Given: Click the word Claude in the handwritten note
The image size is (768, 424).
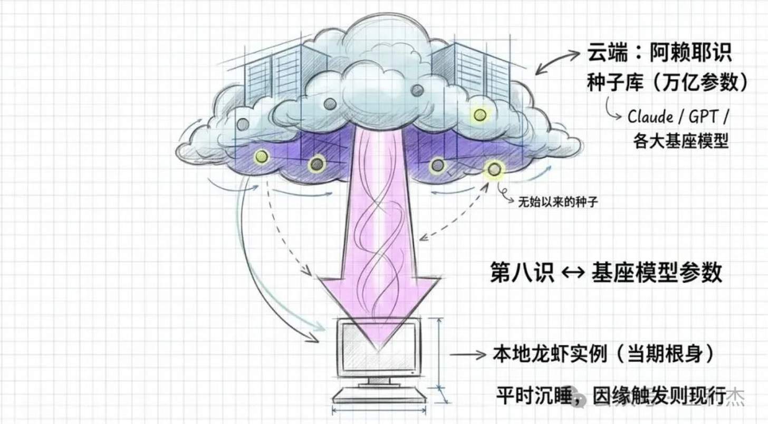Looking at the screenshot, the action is [x=649, y=117].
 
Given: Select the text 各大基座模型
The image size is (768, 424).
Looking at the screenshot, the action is [x=680, y=141].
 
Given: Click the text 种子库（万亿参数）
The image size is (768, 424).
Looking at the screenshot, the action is [x=667, y=83].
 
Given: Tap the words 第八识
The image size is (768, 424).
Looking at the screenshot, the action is [x=522, y=273].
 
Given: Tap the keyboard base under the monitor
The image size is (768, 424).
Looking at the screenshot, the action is [x=379, y=394].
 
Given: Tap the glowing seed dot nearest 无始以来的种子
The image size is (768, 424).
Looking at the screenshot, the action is [x=494, y=169].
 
